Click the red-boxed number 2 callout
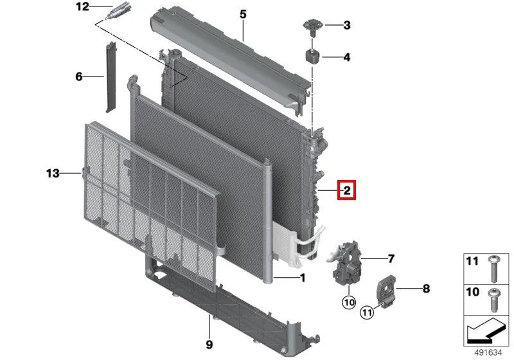(x=347, y=190)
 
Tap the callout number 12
(x=83, y=6)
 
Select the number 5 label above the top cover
(x=243, y=14)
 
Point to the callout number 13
(x=53, y=173)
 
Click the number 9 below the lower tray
(x=209, y=345)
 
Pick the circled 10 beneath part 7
(x=349, y=302)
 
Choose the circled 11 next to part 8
(x=367, y=312)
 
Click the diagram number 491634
(x=488, y=353)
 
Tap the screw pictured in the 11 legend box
(x=493, y=269)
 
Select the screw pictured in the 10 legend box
(x=493, y=300)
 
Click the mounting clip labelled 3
(x=313, y=27)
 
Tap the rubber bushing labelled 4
(x=314, y=57)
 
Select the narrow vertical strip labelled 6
(x=111, y=77)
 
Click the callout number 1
(x=303, y=278)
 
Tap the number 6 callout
(x=78, y=76)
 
